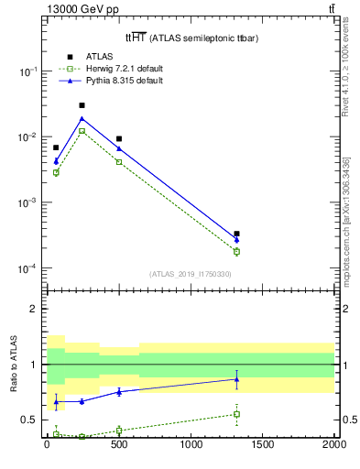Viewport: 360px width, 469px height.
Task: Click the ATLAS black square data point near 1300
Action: [236, 234]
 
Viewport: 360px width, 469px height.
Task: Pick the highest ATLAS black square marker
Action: [82, 105]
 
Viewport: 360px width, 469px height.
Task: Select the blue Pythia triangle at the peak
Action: [82, 118]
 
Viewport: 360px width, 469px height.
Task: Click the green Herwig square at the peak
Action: [82, 131]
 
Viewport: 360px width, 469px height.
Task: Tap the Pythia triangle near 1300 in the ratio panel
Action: [236, 379]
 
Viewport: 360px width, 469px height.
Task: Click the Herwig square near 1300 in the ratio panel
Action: [236, 414]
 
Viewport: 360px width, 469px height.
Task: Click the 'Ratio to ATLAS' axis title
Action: [14, 365]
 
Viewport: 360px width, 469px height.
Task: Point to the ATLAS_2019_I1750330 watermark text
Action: [191, 274]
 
